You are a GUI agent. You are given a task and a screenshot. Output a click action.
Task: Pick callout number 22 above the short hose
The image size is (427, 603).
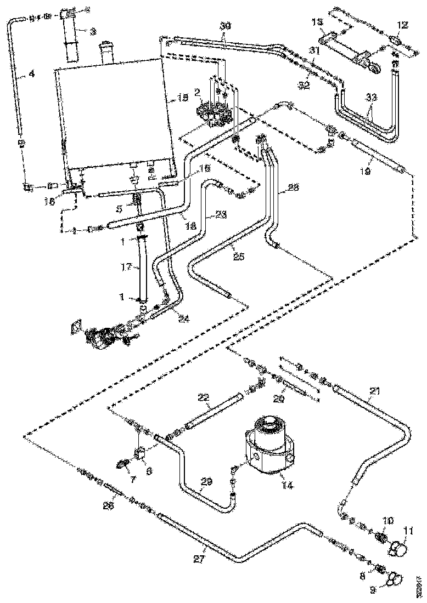tap(203, 397)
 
